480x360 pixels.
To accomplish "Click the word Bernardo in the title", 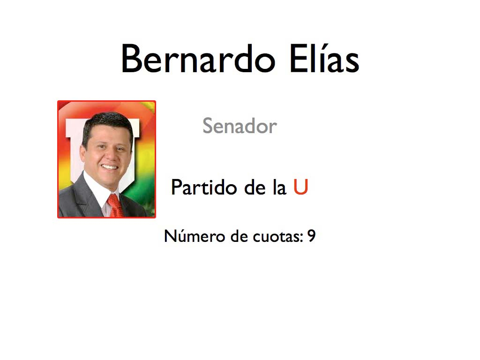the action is click(x=198, y=58).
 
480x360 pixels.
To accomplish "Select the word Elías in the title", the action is click(x=324, y=58).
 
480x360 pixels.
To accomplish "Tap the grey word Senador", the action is click(x=240, y=126).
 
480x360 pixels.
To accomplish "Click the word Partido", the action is click(x=204, y=187).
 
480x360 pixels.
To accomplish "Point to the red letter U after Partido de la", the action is click(x=300, y=187).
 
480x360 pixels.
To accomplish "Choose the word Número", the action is click(x=195, y=236).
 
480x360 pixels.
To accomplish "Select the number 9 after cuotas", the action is click(x=311, y=236).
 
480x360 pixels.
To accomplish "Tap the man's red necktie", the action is click(x=115, y=206).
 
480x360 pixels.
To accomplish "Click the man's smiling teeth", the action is click(x=109, y=167).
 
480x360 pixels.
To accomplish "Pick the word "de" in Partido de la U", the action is click(x=255, y=187).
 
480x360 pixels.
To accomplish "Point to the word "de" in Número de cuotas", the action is click(x=239, y=236).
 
